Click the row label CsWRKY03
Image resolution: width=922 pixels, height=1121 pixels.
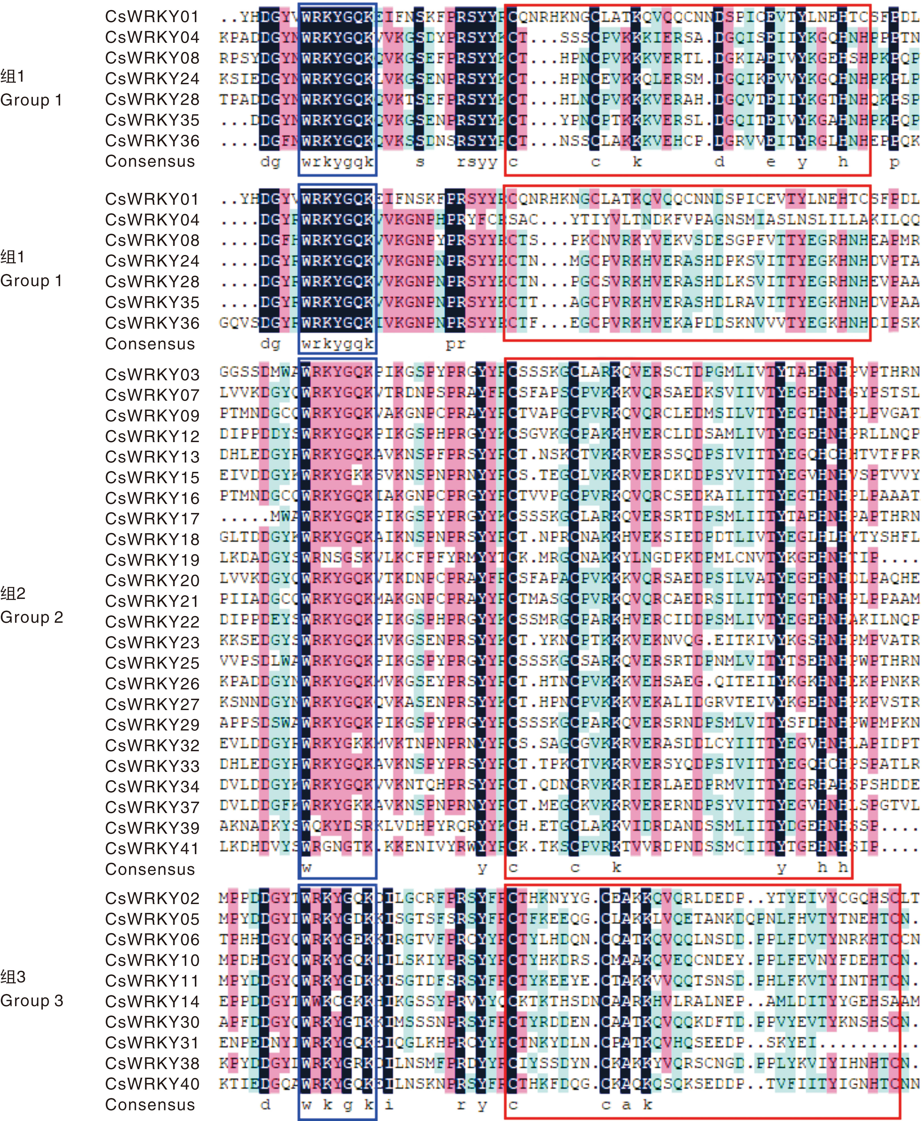[x=152, y=374]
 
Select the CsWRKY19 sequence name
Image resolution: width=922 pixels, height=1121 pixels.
[x=152, y=560]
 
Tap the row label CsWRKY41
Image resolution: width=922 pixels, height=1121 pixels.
[x=152, y=848]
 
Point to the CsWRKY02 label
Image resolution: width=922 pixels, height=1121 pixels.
[x=152, y=898]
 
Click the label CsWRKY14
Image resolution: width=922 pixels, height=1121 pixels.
[x=152, y=1002]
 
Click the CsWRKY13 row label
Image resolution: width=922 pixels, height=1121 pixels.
[x=152, y=457]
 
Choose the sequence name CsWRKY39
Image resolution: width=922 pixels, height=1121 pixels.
[x=152, y=828]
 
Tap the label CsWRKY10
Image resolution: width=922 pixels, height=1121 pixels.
[x=152, y=960]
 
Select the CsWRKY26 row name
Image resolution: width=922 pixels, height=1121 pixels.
[x=152, y=683]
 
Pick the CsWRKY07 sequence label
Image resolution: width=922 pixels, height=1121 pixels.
[x=152, y=395]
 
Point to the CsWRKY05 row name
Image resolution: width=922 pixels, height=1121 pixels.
[x=152, y=919]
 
